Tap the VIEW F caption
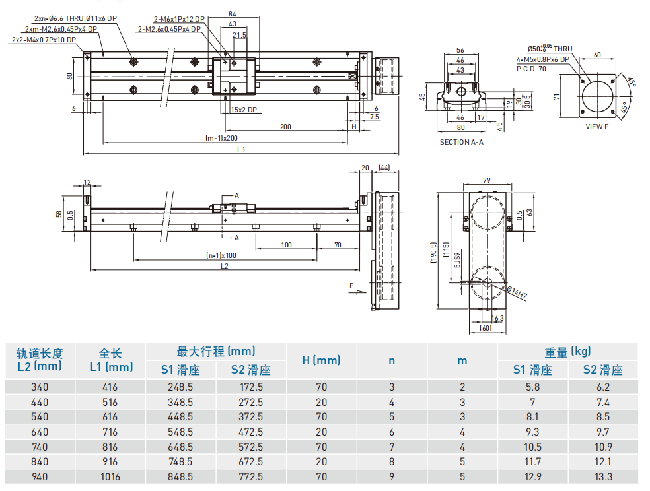597,127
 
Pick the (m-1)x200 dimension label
221,138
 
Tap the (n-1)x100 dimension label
221,255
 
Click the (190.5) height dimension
433,251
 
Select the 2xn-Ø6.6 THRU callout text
75,18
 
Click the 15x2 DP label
244,110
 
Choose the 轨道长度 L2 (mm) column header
39,359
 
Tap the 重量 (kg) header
567,351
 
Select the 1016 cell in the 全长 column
110,476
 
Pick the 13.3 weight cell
602,476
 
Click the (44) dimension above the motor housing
385,168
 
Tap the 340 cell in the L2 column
40,387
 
